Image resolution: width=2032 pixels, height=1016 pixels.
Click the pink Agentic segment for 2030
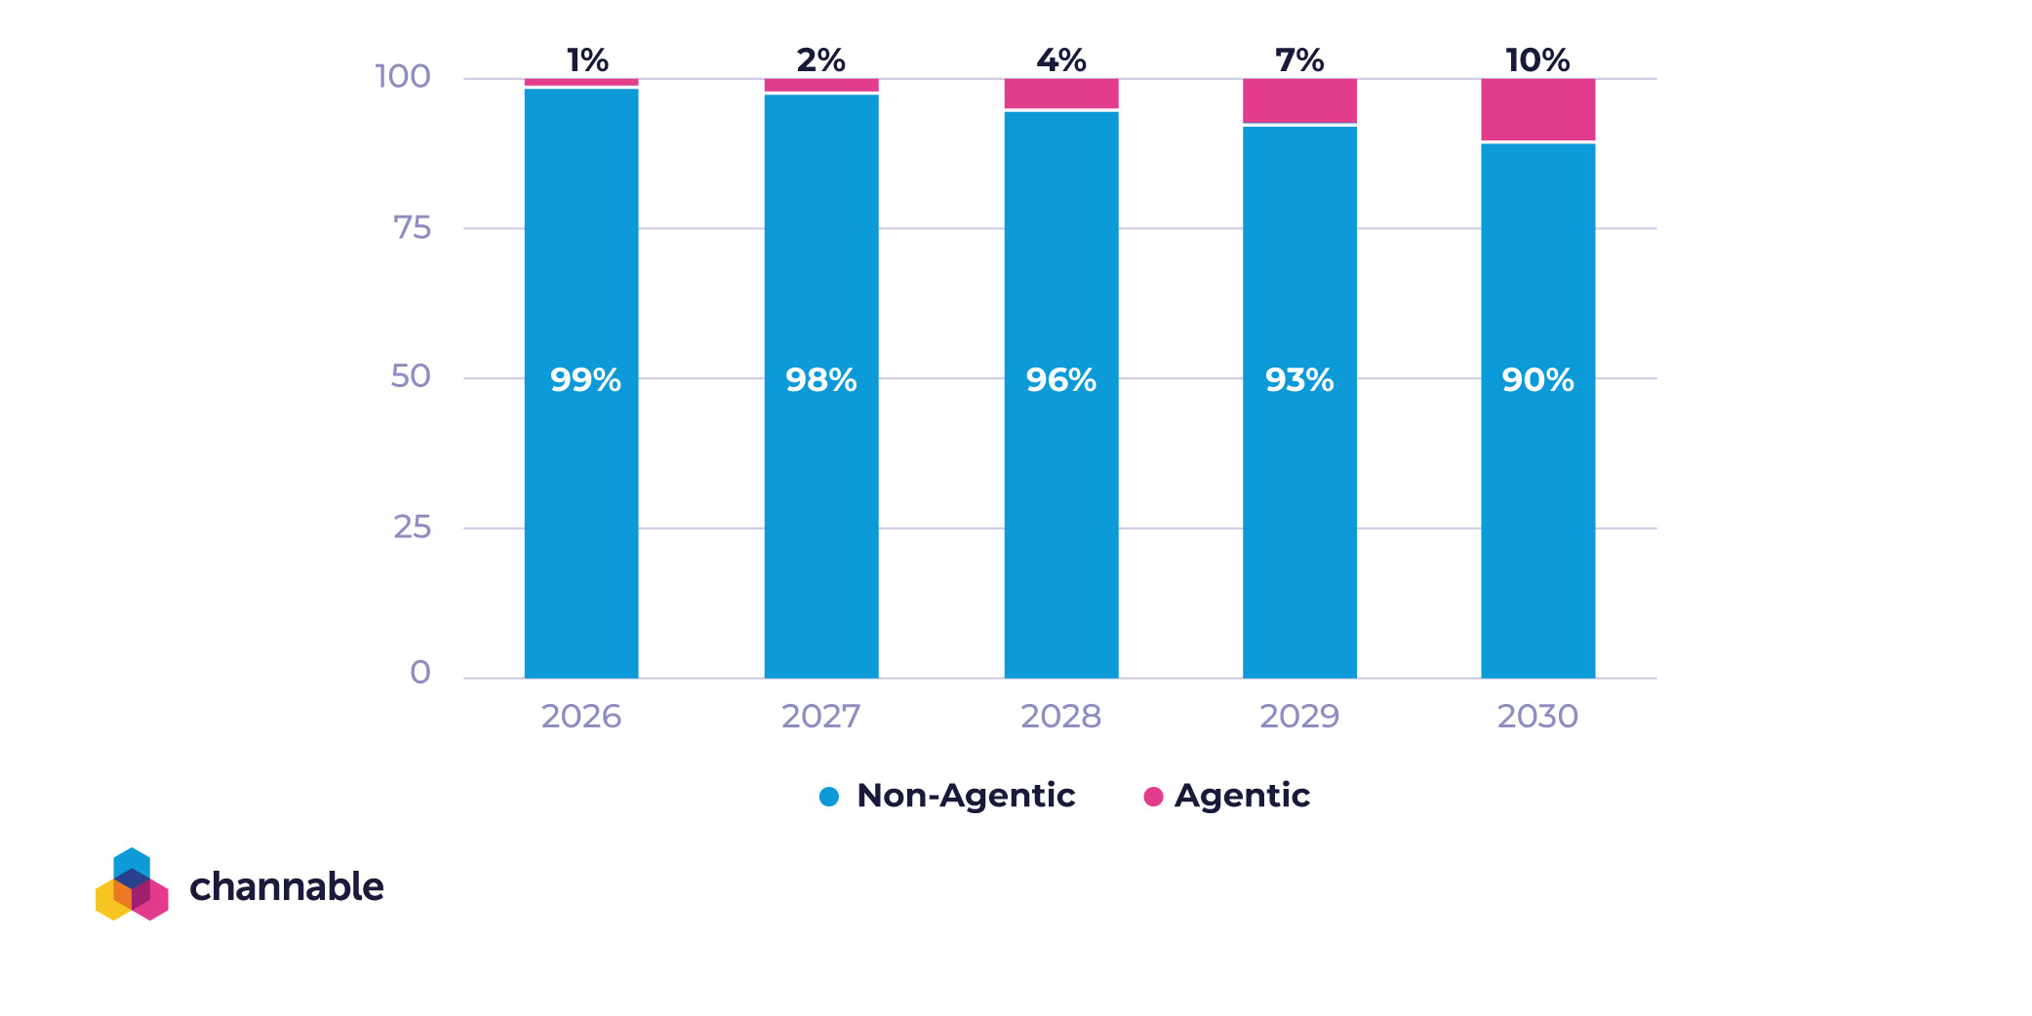tap(1537, 109)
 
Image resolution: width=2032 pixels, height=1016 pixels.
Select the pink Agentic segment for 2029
tap(1299, 100)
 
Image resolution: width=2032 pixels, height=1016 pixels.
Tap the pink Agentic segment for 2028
tap(1061, 94)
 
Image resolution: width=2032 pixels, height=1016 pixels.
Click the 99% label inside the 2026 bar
tap(585, 379)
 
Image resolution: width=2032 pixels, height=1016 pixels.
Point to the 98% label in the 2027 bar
tap(821, 379)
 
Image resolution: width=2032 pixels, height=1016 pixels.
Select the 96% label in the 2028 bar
tap(1061, 379)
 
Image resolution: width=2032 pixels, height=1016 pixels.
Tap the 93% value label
tap(1299, 379)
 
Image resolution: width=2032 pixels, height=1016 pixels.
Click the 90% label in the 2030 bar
tap(1537, 379)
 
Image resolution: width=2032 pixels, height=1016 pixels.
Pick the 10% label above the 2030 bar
tap(1537, 60)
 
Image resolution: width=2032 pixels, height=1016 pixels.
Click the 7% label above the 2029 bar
tap(1299, 60)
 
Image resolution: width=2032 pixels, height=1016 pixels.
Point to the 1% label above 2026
tap(587, 60)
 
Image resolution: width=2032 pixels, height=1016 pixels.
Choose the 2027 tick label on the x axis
tap(821, 717)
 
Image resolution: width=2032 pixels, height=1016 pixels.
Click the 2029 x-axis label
tap(1299, 717)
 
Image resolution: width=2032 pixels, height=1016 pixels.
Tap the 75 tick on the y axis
tap(412, 228)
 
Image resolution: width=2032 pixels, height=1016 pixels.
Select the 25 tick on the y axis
tap(412, 528)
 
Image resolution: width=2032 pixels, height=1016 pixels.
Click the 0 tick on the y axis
tap(420, 673)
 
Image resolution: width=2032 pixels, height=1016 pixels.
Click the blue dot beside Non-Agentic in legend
tap(829, 797)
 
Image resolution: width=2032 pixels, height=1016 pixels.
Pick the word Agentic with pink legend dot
tap(1242, 796)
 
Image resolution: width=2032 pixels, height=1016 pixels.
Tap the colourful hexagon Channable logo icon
tap(132, 884)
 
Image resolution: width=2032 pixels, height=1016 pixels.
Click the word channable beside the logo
tap(287, 886)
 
